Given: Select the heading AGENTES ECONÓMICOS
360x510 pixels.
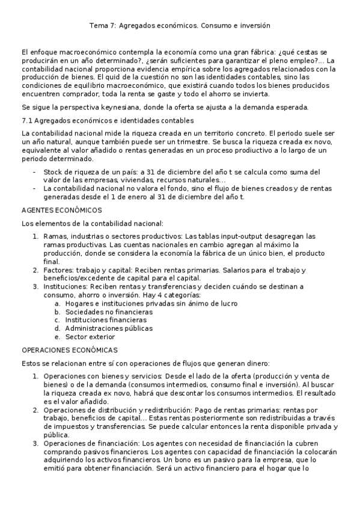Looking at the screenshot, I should click(61, 210).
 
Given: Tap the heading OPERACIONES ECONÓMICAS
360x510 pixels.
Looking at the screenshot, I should click(69, 349).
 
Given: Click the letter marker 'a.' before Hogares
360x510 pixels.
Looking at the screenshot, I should click(57, 304).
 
